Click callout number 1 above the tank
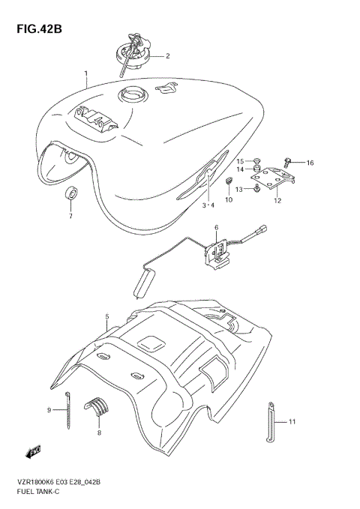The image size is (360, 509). [86, 73]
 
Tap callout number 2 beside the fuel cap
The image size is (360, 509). [167, 55]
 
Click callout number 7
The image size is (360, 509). [70, 217]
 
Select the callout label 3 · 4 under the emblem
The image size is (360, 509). [208, 205]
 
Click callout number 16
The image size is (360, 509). [310, 163]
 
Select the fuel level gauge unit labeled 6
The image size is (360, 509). [219, 250]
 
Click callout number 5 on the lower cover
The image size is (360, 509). [108, 317]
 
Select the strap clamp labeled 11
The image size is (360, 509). [270, 424]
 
